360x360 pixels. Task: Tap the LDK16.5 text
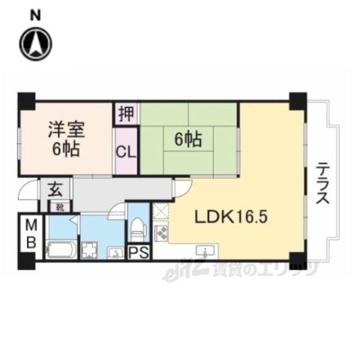pos(232,217)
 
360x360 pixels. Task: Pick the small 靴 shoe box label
pos(61,205)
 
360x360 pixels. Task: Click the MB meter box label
pos(31,232)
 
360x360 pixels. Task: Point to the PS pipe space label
pos(138,252)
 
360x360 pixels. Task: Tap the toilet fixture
pos(137,226)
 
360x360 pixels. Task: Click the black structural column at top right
pos(298,98)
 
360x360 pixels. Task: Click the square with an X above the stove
pos(160,211)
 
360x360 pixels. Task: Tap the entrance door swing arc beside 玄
pos(28,190)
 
